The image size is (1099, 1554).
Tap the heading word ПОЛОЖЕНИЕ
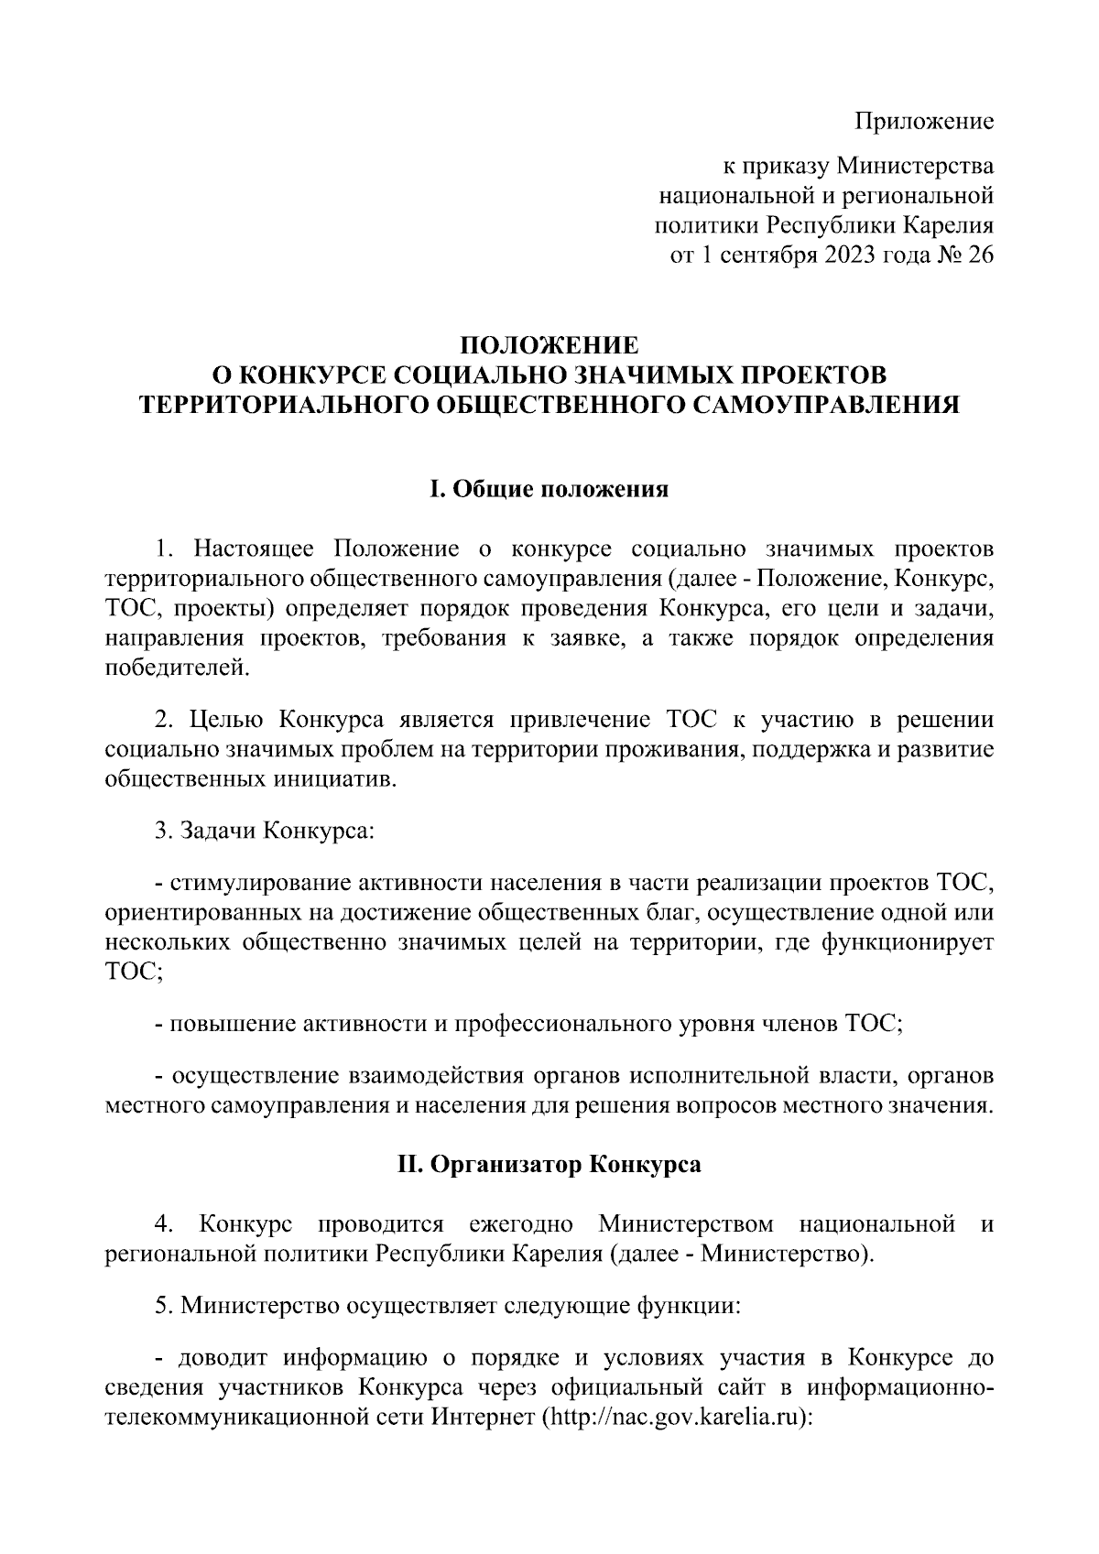pyautogui.click(x=549, y=347)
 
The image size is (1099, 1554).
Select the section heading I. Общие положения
pyautogui.click(x=549, y=490)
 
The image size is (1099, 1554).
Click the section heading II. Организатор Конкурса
pyautogui.click(x=549, y=1165)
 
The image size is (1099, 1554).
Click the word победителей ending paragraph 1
pyautogui.click(x=176, y=668)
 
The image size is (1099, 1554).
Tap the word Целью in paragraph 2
pyautogui.click(x=225, y=719)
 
